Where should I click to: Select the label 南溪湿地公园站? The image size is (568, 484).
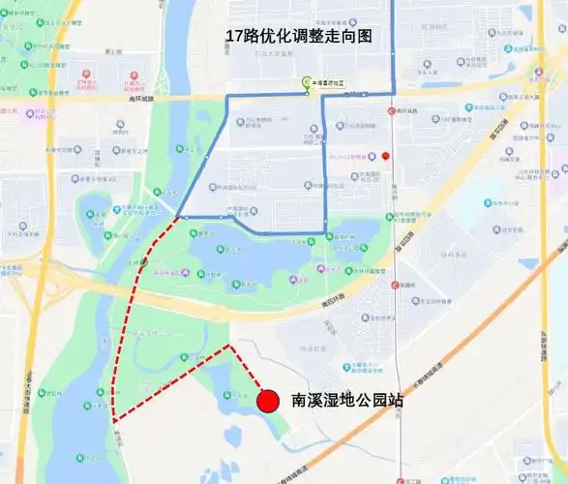tap(347, 399)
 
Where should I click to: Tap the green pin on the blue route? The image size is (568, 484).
tap(308, 84)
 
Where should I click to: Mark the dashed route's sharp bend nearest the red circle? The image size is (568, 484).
tap(229, 345)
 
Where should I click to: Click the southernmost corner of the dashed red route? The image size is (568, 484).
tap(114, 421)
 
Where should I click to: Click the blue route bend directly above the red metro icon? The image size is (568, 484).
tap(393, 93)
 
